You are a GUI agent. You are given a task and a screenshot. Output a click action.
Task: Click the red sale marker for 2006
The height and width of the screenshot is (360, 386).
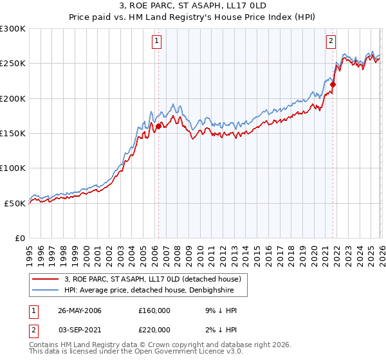[x=158, y=126]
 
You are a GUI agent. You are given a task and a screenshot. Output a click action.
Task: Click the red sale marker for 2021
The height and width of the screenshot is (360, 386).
[x=333, y=84]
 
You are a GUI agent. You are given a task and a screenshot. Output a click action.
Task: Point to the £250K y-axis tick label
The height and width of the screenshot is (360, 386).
[x=13, y=64]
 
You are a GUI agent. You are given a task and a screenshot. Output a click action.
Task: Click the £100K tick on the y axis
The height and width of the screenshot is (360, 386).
[x=13, y=168]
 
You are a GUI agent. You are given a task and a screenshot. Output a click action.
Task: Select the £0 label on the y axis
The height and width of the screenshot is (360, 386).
[x=19, y=238]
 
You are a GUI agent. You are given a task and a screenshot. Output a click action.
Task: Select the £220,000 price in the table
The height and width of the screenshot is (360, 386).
[x=154, y=330]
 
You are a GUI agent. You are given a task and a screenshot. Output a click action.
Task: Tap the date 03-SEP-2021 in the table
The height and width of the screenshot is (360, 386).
[x=79, y=330]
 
